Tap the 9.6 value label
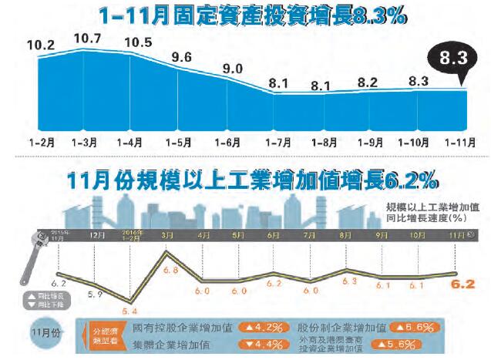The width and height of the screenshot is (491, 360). (182, 57)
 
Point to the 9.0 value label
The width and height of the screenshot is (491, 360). (232, 68)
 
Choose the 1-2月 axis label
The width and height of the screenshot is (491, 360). (41, 143)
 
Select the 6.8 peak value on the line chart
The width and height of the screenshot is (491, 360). (171, 270)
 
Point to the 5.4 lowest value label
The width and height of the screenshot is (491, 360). (130, 311)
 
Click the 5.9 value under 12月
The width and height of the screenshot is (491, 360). (96, 293)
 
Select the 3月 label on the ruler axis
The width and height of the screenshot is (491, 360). (166, 234)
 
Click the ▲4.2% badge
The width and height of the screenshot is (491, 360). (264, 327)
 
